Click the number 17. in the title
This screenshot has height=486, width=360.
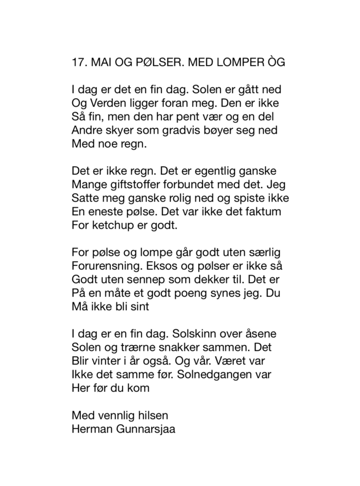(x=78, y=62)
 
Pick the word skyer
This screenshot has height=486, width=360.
(x=119, y=130)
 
